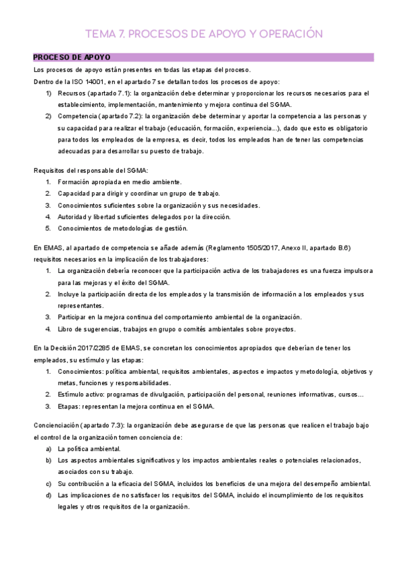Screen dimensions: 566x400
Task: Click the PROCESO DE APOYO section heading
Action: click(71, 58)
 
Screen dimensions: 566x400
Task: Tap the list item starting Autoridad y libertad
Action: click(144, 216)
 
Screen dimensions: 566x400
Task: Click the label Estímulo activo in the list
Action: click(81, 394)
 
